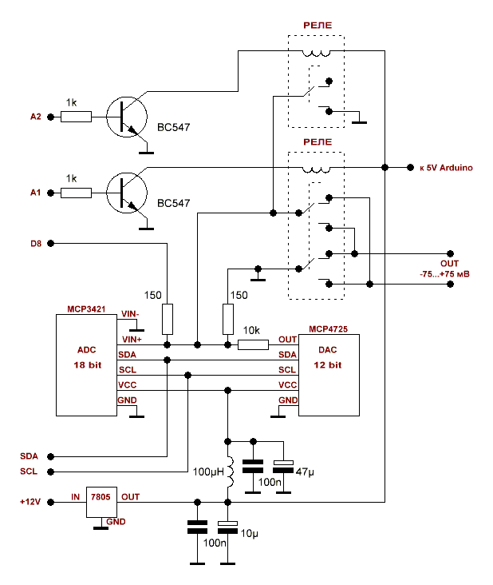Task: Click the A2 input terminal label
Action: pyautogui.click(x=35, y=117)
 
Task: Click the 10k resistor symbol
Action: pyautogui.click(x=254, y=344)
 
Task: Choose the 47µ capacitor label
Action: pyautogui.click(x=306, y=472)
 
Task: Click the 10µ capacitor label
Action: pyautogui.click(x=251, y=531)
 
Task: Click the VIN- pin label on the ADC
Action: pyautogui.click(x=129, y=313)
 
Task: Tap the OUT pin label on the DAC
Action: pyautogui.click(x=288, y=340)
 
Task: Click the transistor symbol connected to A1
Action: pyautogui.click(x=127, y=193)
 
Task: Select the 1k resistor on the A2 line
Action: pyautogui.click(x=77, y=117)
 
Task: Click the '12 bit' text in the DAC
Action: pyautogui.click(x=328, y=365)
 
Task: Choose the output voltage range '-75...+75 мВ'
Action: pyautogui.click(x=444, y=273)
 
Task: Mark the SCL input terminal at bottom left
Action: pyautogui.click(x=30, y=472)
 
